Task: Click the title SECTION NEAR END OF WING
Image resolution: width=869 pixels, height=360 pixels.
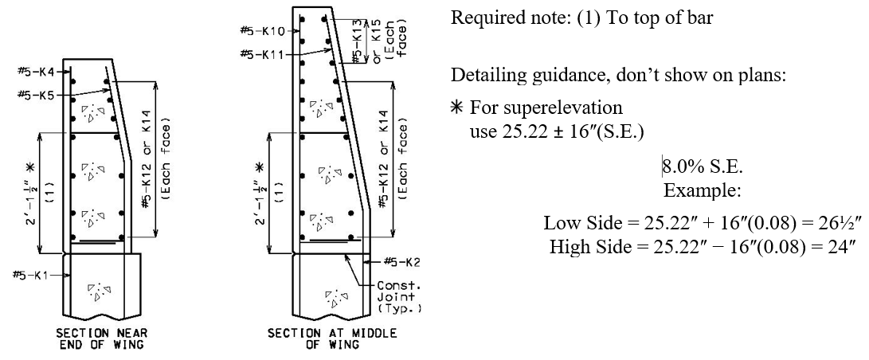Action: point(102,339)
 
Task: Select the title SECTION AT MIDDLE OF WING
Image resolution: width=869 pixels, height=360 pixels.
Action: point(332,339)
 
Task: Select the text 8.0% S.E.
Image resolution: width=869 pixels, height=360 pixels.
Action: point(703,166)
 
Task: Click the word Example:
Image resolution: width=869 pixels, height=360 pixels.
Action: point(703,191)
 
